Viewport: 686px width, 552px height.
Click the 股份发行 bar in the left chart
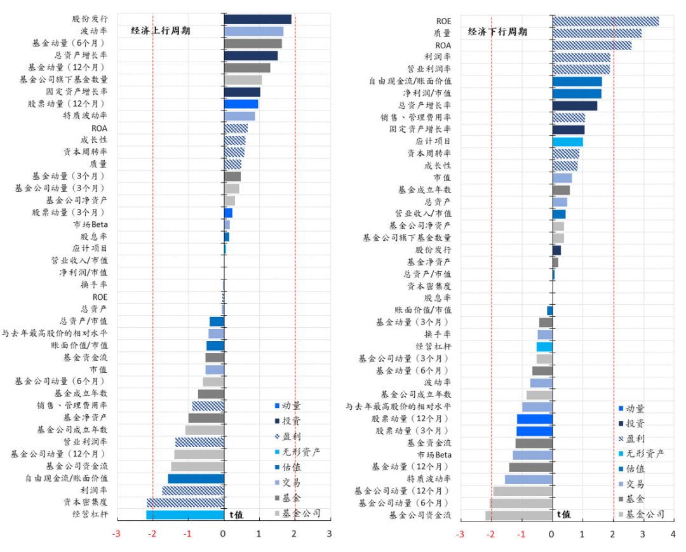click(x=257, y=19)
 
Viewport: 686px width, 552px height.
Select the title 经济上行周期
click(x=161, y=30)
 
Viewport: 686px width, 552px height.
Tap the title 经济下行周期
click(x=497, y=32)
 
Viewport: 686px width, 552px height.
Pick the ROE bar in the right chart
click(x=605, y=21)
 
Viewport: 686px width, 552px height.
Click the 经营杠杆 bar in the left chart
click(x=185, y=514)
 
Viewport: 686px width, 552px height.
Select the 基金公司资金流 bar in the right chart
click(x=519, y=515)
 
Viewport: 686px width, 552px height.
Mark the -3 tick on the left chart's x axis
click(x=116, y=534)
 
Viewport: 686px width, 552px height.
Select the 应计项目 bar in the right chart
click(x=567, y=142)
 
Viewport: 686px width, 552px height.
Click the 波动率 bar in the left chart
click(x=253, y=31)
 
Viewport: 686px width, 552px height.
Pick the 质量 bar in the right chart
click(x=596, y=33)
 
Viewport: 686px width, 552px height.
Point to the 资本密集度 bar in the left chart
click(x=185, y=502)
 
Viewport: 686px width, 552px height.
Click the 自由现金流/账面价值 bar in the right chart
click(x=577, y=81)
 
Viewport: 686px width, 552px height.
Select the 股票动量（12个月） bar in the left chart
click(x=241, y=104)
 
